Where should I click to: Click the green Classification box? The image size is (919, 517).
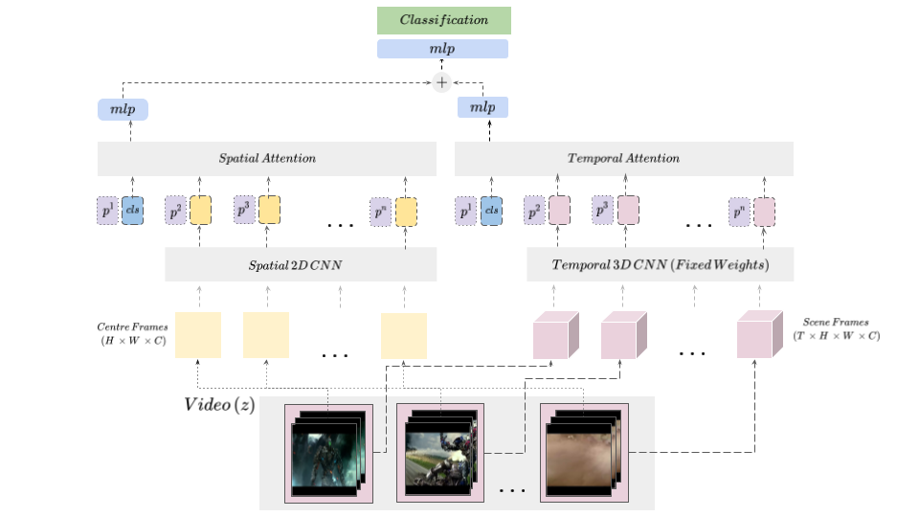[443, 20]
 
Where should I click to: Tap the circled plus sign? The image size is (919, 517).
[441, 82]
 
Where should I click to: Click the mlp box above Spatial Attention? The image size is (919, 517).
[123, 109]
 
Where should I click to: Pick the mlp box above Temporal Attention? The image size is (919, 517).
[482, 108]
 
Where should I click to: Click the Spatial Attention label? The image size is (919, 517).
[267, 158]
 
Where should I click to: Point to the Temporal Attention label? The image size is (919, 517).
[623, 158]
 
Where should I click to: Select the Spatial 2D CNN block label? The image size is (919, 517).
[301, 264]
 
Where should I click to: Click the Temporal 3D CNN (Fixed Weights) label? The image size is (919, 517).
[661, 264]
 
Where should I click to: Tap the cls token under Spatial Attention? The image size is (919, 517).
[132, 211]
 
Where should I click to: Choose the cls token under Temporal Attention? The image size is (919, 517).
[492, 211]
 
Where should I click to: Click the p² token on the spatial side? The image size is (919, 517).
[176, 211]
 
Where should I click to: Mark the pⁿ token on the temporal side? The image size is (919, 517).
[739, 211]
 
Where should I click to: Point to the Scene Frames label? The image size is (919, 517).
[837, 330]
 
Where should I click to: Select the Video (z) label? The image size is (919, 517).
[219, 404]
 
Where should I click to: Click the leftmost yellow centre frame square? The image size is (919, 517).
[197, 335]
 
